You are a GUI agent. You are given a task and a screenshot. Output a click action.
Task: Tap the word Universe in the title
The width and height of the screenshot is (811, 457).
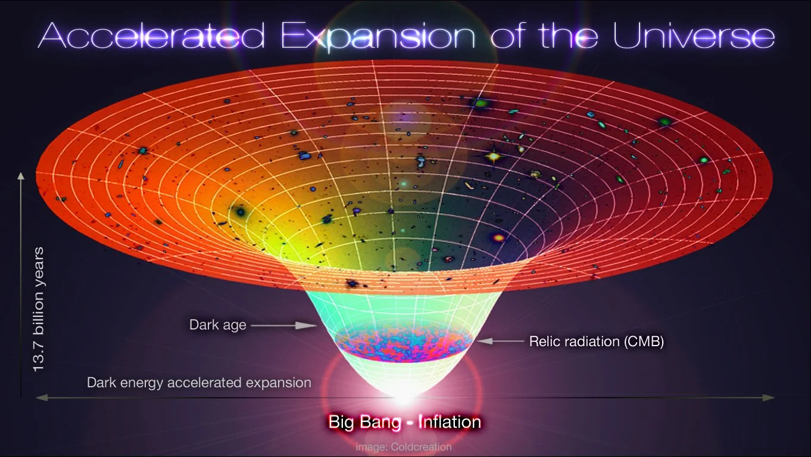[x=694, y=36]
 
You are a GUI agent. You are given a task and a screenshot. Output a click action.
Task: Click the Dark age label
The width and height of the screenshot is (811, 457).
[x=217, y=325]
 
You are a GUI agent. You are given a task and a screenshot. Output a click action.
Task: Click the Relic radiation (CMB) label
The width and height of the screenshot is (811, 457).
[x=596, y=342]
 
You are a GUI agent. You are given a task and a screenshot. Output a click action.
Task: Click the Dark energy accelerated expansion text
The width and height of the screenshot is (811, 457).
[x=199, y=383]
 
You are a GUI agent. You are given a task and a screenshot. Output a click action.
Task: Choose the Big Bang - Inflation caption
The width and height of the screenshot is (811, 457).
[x=404, y=422]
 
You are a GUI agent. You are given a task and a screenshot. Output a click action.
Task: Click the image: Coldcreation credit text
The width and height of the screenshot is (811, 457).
[x=404, y=446]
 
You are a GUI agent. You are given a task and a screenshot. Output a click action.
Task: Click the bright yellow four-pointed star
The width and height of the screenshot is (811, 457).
[x=493, y=157]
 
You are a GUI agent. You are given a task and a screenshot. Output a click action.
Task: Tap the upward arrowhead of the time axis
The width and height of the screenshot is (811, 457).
[x=21, y=176]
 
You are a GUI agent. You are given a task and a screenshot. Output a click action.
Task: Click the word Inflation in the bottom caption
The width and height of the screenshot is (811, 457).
[x=449, y=422]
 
